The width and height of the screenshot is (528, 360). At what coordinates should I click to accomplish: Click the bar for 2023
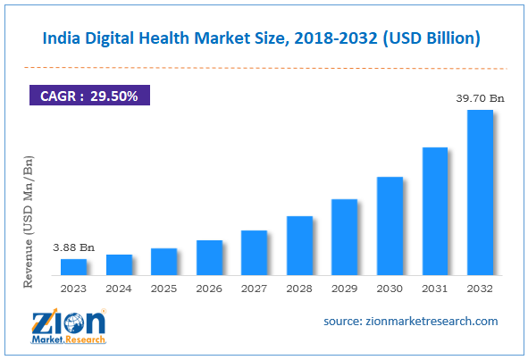point(74,267)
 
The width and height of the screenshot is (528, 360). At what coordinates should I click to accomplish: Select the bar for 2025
point(164,262)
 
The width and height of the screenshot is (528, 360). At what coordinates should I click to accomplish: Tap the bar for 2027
point(255,253)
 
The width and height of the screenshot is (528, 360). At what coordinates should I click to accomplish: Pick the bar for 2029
point(345,237)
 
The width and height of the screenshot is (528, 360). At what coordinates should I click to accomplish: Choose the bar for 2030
point(390,226)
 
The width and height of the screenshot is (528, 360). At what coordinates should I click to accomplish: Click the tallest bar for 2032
point(480,193)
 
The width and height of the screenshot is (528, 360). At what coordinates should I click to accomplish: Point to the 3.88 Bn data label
point(74,247)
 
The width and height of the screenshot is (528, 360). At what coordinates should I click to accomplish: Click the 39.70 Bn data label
point(480,98)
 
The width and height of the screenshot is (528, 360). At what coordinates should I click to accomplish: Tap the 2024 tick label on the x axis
point(119,289)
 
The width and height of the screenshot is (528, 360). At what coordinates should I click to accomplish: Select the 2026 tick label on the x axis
point(209,289)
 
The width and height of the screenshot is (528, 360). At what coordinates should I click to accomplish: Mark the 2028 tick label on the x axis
point(299,289)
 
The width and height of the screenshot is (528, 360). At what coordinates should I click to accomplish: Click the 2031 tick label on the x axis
point(435,289)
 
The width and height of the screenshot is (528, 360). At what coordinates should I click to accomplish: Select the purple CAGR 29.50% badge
point(88,95)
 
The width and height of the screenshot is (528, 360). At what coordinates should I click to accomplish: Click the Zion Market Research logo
point(71,326)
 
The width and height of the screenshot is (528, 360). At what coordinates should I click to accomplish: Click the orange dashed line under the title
point(264,67)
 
